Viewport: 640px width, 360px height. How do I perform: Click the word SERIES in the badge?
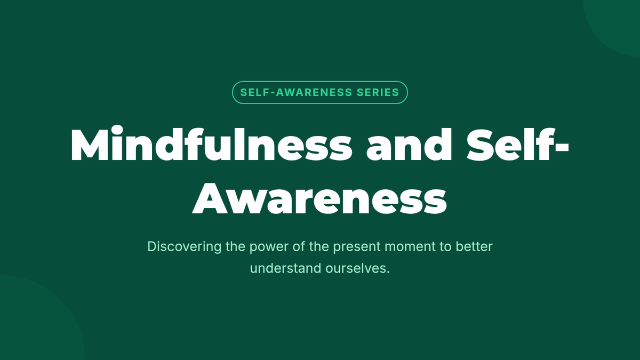[x=378, y=93]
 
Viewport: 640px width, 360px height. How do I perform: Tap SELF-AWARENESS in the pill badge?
[x=296, y=93]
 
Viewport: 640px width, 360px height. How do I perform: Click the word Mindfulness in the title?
[x=211, y=144]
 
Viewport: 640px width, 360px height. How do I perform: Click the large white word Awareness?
[x=319, y=198]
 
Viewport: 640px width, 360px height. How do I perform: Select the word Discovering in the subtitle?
[x=185, y=246]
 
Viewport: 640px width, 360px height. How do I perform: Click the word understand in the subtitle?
[x=286, y=268]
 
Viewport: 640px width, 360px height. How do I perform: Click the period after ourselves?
[x=388, y=273]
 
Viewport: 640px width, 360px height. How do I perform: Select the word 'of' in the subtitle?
[x=299, y=246]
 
